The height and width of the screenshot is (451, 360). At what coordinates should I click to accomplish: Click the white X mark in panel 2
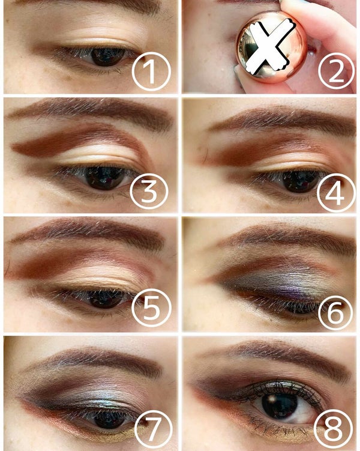tap(271, 47)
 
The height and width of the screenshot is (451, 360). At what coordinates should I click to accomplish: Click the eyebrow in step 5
tap(90, 231)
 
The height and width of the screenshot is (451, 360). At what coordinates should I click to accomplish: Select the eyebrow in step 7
tap(90, 359)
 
